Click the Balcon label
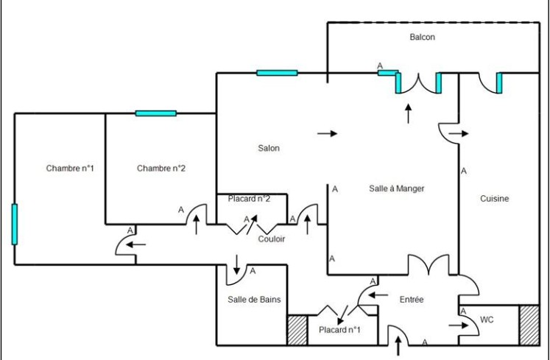pyautogui.click(x=423, y=38)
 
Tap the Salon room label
pyautogui.click(x=269, y=149)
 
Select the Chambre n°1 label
pyautogui.click(x=70, y=169)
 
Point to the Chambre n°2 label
pyautogui.click(x=161, y=169)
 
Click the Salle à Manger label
pyautogui.click(x=397, y=188)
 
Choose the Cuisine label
pyautogui.click(x=494, y=199)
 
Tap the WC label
pyautogui.click(x=487, y=320)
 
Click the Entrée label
pyautogui.click(x=412, y=300)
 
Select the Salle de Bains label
pyautogui.click(x=254, y=300)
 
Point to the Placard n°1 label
pyautogui.click(x=339, y=330)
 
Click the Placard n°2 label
pyautogui.click(x=249, y=199)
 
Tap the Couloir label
pyautogui.click(x=272, y=239)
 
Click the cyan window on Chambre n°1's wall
pyautogui.click(x=15, y=225)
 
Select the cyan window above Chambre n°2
pyautogui.click(x=156, y=113)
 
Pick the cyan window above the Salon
pyautogui.click(x=277, y=73)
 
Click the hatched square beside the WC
pyautogui.click(x=529, y=325)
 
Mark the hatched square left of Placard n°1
pyautogui.click(x=297, y=330)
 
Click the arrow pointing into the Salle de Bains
pyautogui.click(x=237, y=264)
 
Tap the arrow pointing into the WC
pyautogui.click(x=459, y=325)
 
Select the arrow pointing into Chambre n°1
pyautogui.click(x=135, y=244)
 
